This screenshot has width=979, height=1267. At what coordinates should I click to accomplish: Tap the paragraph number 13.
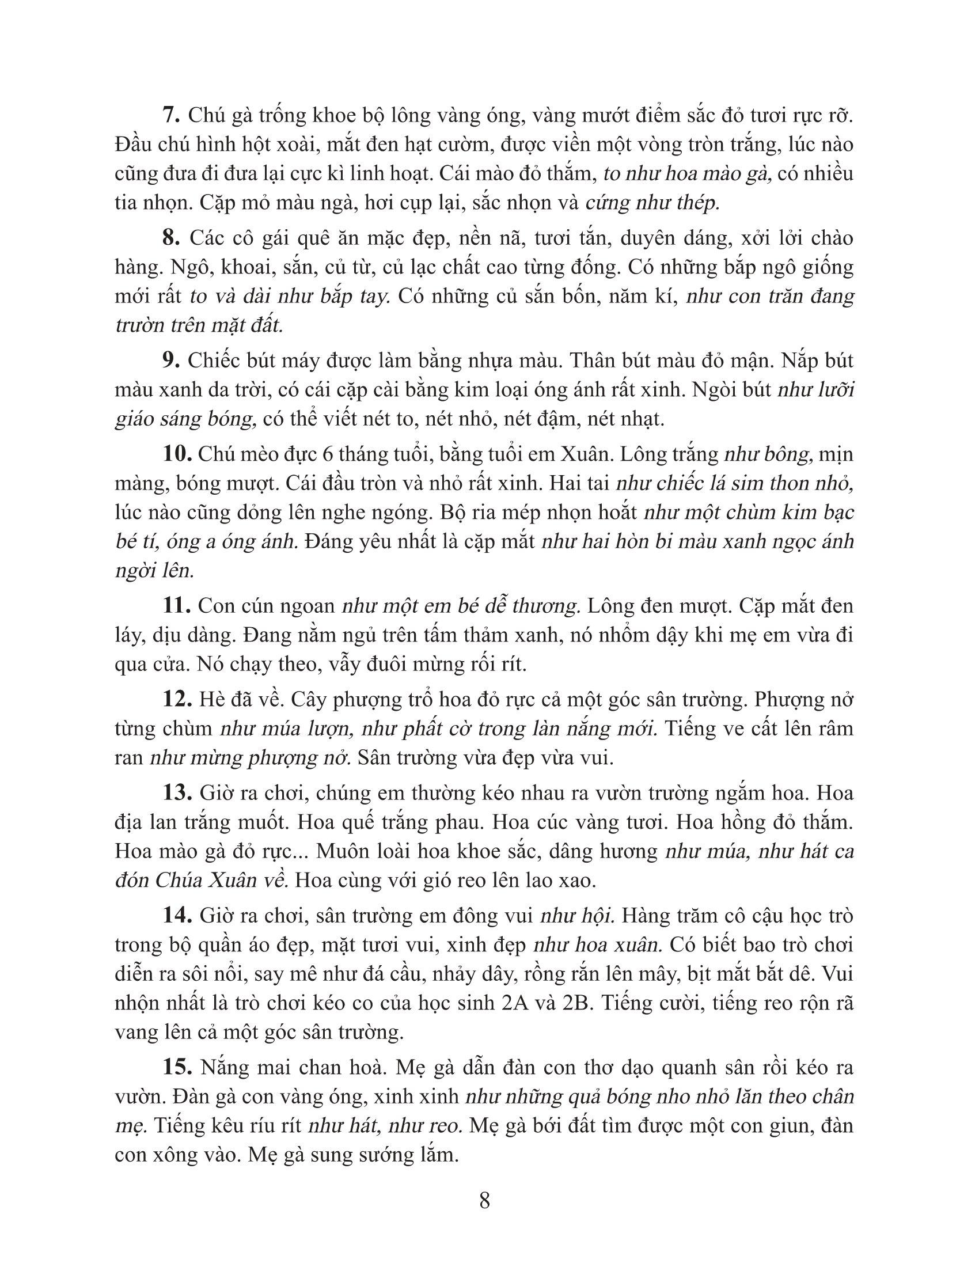click(x=177, y=792)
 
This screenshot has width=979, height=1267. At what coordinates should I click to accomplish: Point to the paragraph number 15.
click(x=177, y=1067)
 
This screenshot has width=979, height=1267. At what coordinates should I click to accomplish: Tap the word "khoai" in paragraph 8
click(x=233, y=267)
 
